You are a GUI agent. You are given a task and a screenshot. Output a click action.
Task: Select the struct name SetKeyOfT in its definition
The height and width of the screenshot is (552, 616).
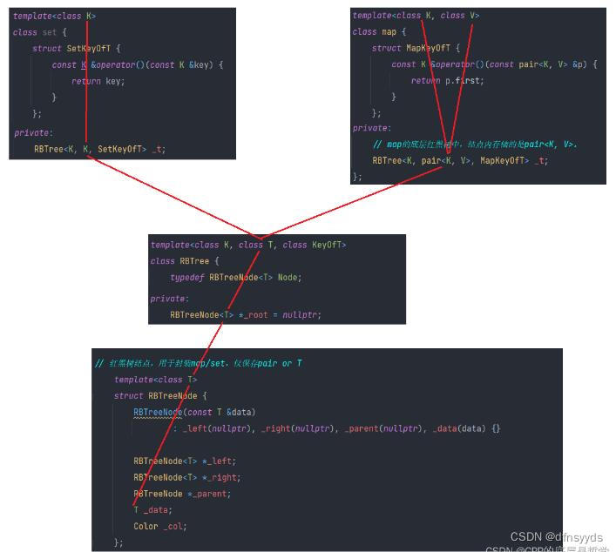point(93,49)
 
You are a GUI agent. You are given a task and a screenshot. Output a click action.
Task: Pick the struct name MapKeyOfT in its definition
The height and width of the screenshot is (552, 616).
point(433,49)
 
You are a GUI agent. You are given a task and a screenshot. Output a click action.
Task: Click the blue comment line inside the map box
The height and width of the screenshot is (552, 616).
point(474,145)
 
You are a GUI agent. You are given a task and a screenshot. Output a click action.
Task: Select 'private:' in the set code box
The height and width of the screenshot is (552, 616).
point(33,132)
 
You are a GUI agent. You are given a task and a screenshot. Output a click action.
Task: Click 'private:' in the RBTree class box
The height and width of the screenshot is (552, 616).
point(169,298)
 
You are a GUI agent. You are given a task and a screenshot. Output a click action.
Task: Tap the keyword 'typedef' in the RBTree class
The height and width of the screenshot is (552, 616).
point(187,277)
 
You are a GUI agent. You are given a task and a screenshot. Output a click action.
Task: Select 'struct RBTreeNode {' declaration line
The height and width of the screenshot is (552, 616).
point(160,395)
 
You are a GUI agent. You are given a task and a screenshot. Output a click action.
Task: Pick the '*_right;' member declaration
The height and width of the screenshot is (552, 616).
point(216,477)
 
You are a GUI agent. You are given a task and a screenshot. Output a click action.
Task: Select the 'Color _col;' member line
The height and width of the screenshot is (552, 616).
point(160,526)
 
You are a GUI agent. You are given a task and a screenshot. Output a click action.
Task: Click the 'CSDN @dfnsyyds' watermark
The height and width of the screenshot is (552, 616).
point(556,536)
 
